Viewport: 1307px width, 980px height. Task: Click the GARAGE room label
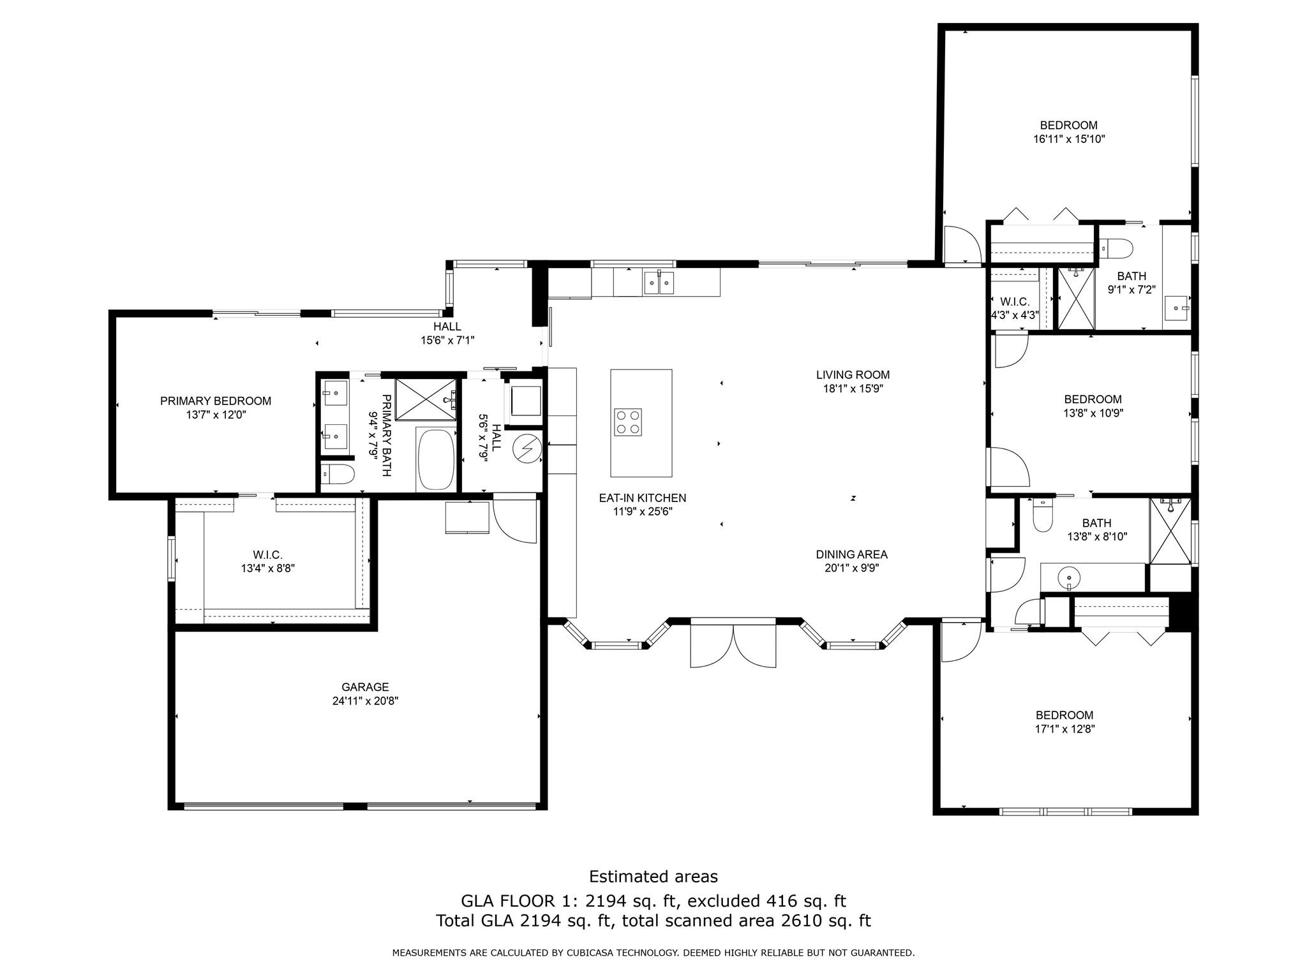(364, 687)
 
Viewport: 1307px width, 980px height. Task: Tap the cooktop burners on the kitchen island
(627, 422)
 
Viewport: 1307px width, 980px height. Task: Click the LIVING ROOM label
(853, 375)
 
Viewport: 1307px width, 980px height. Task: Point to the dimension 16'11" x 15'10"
(1068, 139)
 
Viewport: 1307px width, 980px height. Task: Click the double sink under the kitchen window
(659, 282)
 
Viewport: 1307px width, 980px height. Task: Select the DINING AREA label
(851, 554)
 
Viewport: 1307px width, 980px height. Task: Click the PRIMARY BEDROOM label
(216, 401)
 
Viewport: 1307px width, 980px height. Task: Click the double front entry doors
(733, 646)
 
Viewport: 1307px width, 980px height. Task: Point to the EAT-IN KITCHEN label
(642, 498)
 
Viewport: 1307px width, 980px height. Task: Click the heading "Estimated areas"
(653, 877)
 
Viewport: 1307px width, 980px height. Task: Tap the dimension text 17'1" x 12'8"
(1064, 729)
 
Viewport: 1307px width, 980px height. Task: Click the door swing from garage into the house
(516, 520)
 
